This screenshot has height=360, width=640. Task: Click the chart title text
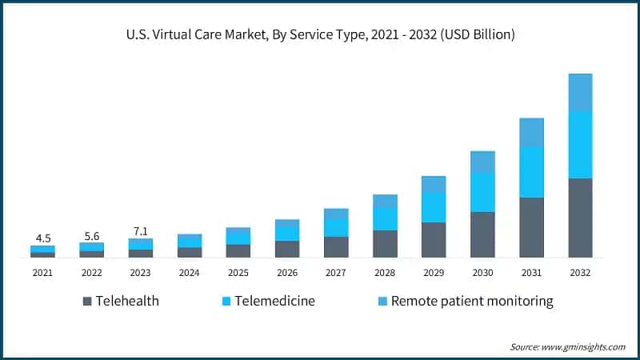(x=320, y=34)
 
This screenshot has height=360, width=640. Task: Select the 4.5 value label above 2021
(x=42, y=238)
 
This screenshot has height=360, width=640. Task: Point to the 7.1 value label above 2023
(x=140, y=231)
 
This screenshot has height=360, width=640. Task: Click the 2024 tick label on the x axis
(x=189, y=273)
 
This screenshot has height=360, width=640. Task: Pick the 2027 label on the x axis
(x=335, y=273)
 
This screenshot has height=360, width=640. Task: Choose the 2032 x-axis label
(x=580, y=273)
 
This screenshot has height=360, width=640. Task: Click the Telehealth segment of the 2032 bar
(x=580, y=218)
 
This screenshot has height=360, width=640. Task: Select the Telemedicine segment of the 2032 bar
(x=580, y=145)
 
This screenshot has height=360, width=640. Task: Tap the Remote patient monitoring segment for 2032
(x=580, y=93)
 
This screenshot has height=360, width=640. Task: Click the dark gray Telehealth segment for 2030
(x=482, y=234)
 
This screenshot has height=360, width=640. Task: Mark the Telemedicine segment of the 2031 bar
(x=531, y=172)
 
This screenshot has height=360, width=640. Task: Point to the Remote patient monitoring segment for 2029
(x=434, y=185)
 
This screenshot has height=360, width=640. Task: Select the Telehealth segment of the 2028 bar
(x=385, y=244)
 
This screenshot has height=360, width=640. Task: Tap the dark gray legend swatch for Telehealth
(x=87, y=302)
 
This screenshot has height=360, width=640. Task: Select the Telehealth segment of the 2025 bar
(x=238, y=250)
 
